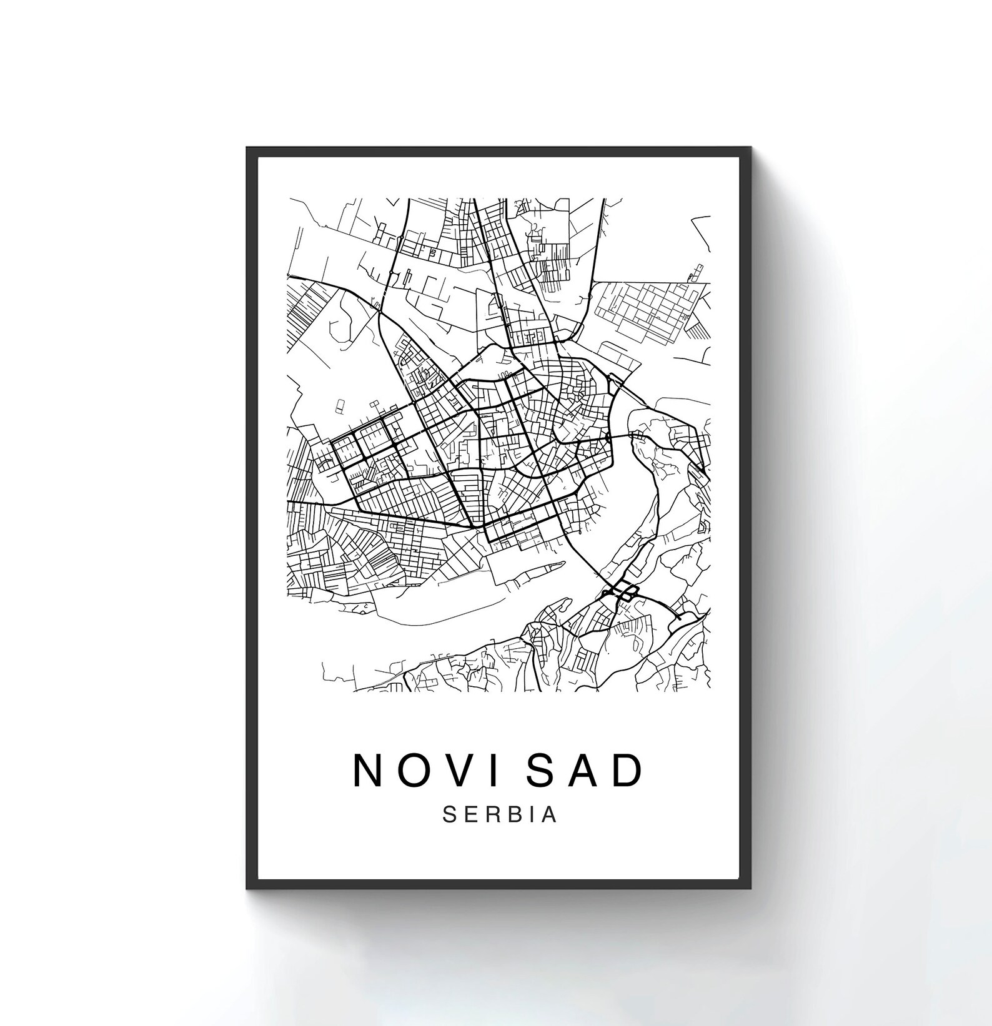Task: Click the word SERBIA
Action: [500, 815]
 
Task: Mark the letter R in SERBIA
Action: [492, 815]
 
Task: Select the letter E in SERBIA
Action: [470, 815]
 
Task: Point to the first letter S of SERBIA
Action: [449, 815]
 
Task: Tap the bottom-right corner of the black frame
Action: [749, 888]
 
